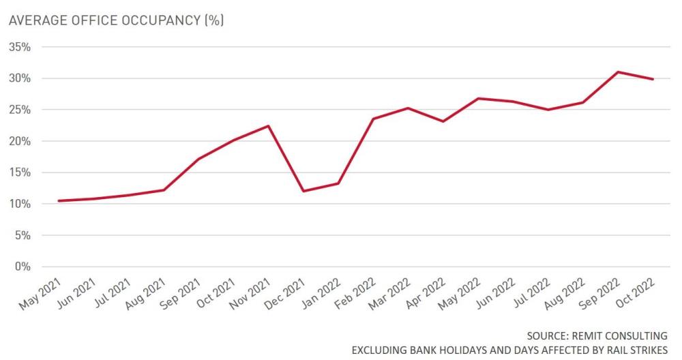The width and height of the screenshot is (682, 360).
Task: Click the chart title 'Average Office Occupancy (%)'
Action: [x=115, y=20]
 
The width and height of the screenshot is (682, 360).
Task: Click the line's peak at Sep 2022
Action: [x=617, y=72]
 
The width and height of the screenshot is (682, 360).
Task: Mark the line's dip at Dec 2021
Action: [x=303, y=191]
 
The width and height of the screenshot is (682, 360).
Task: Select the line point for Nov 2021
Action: [x=268, y=125]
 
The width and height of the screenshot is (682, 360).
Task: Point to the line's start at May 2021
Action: [x=59, y=200]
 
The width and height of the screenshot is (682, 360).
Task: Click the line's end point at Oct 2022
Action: [x=653, y=79]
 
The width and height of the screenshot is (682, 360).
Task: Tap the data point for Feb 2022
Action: [x=373, y=119]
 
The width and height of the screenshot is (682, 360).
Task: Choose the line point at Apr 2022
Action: [x=443, y=121]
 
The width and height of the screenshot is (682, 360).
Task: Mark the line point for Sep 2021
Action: [x=198, y=159]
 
